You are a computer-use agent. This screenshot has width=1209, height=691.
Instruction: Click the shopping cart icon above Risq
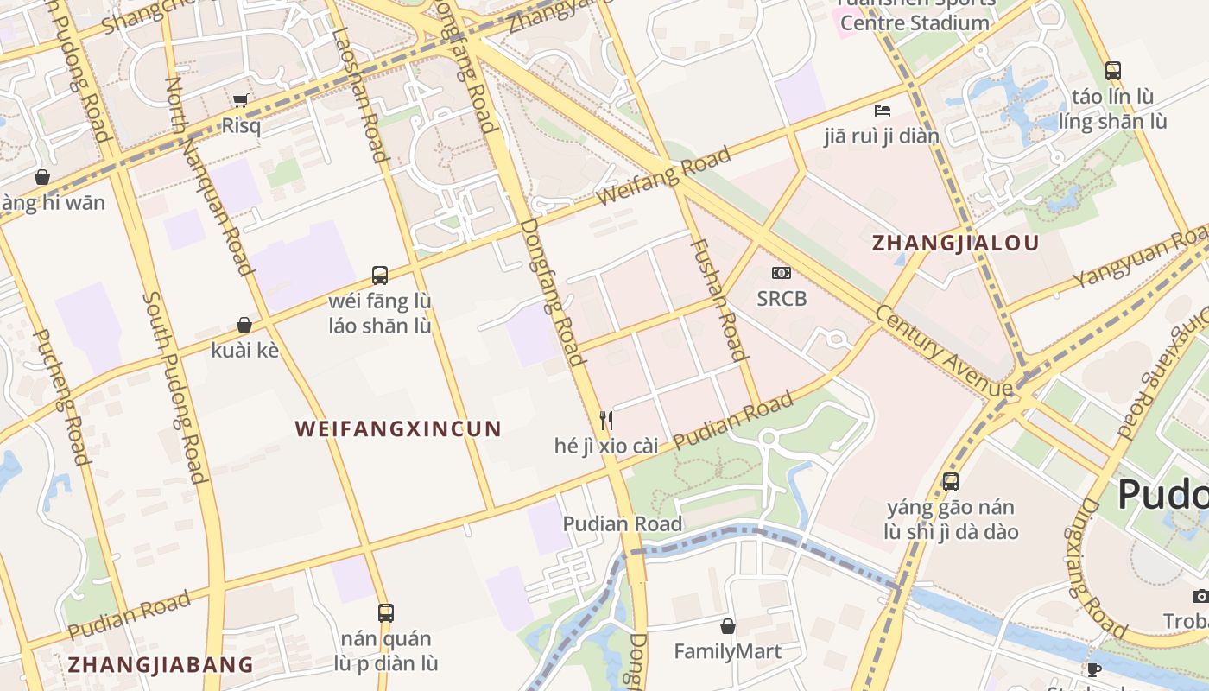(241, 100)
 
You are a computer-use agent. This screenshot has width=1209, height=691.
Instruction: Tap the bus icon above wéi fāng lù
(380, 276)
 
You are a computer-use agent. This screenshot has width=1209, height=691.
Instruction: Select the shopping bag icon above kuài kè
(244, 325)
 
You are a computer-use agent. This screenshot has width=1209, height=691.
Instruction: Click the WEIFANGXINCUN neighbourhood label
(398, 428)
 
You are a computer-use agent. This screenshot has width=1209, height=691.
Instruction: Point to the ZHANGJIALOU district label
(955, 243)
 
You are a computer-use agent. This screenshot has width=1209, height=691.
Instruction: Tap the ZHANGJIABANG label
(161, 664)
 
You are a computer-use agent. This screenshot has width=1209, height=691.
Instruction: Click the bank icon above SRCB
(782, 273)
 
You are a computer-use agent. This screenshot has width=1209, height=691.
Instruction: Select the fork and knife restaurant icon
(606, 421)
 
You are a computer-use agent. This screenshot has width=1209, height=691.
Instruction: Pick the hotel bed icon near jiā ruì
(882, 110)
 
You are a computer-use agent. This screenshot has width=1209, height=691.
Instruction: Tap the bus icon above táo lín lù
(1113, 70)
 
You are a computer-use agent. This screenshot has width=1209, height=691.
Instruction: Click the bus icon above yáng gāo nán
(951, 481)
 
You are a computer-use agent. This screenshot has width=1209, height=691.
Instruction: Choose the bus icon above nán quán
(386, 612)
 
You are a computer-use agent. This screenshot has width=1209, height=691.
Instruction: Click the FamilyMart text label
(727, 650)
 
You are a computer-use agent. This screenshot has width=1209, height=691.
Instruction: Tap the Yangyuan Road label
(1140, 257)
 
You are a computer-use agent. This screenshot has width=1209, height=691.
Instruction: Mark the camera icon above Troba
(1200, 596)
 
